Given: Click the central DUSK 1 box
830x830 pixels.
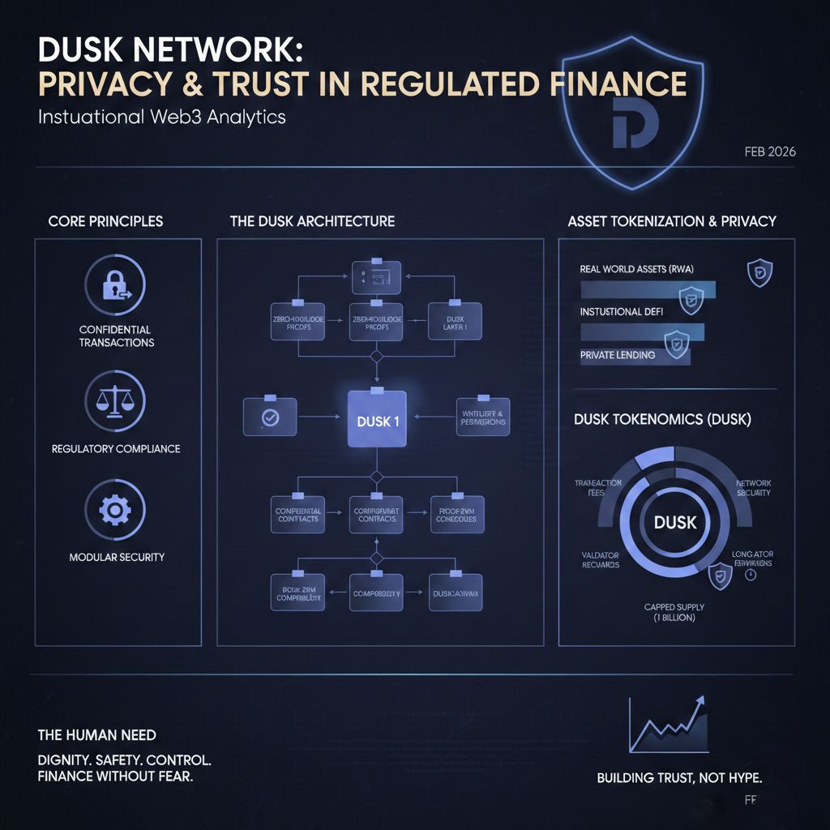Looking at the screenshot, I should pos(377,419).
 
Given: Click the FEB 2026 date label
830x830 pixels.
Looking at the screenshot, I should pos(769,152).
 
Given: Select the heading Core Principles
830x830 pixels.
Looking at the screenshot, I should pos(105,221).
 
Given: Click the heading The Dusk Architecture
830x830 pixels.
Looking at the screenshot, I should pos(312,221).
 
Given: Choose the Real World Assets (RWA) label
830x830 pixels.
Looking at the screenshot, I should pos(637,269).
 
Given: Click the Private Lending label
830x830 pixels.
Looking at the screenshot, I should pos(618,355).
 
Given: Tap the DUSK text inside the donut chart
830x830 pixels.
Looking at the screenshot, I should pos(675,522).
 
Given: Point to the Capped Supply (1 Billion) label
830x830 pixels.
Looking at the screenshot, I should pos(674,612).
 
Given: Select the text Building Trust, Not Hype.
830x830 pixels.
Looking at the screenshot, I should pos(679,778).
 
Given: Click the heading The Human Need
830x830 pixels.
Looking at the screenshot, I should pos(97,735).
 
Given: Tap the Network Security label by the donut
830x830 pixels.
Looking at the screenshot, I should pos(754,488).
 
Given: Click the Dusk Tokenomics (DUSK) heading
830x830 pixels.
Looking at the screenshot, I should pos(662,420).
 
